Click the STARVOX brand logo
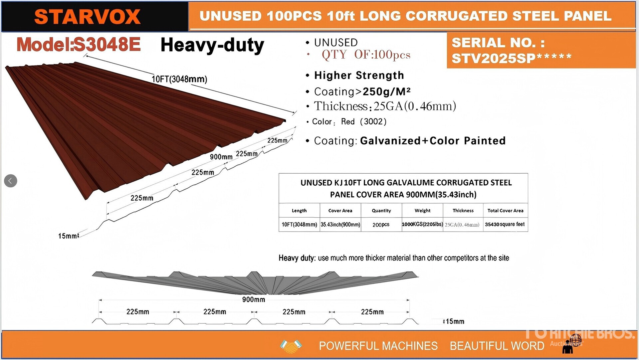[x=87, y=17]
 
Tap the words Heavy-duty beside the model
[x=212, y=45]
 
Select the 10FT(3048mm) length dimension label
[x=179, y=79]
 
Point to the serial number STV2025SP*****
[x=512, y=59]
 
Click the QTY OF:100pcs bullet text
[x=366, y=55]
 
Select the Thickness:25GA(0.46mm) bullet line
[x=385, y=106]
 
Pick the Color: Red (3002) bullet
[x=349, y=122]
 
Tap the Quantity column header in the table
[x=381, y=211]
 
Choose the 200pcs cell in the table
[x=381, y=225]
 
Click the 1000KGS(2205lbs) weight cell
[x=422, y=224]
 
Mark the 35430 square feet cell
[x=505, y=224]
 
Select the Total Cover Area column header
[x=505, y=211]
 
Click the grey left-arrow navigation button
[x=11, y=181]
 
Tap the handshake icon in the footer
[x=291, y=346]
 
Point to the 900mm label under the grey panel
[x=254, y=299]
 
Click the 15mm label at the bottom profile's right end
[x=455, y=321]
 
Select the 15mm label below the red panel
[x=68, y=236]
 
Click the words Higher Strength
[x=359, y=76]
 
